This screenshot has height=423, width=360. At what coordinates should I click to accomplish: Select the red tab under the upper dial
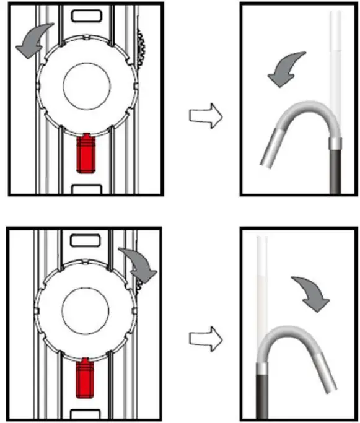[85, 155]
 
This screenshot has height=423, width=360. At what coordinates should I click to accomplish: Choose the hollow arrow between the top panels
[204, 116]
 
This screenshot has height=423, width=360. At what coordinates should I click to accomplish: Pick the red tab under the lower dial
[85, 378]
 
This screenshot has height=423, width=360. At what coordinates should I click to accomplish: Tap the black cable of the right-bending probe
[261, 396]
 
